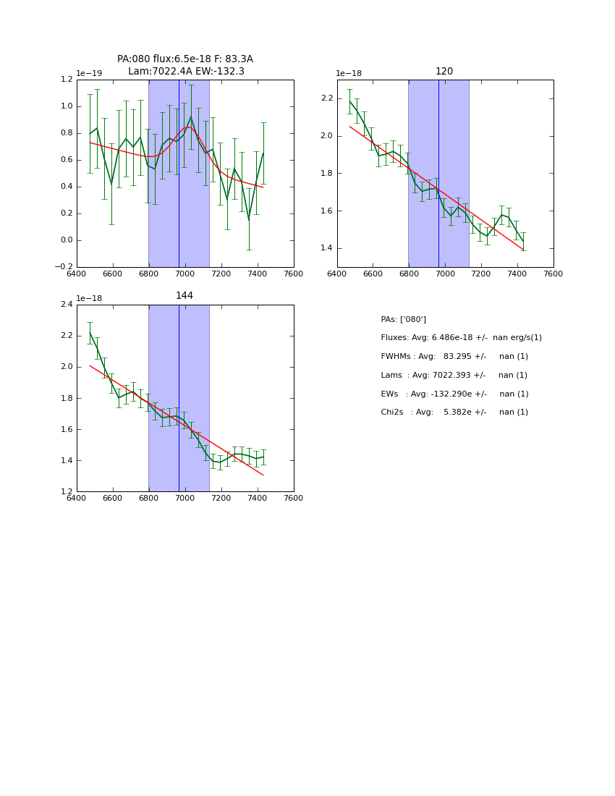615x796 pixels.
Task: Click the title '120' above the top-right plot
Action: tap(444, 72)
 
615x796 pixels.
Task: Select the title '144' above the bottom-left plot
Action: tap(184, 296)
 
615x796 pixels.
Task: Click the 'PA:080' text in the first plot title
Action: tap(132, 59)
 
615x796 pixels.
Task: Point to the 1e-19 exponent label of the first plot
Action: tap(89, 73)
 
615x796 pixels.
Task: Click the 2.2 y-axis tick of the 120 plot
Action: tap(327, 98)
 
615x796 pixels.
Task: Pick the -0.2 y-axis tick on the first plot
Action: tap(64, 267)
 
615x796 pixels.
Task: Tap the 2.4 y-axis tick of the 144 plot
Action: tap(67, 305)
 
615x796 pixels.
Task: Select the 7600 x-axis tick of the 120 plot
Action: tap(553, 274)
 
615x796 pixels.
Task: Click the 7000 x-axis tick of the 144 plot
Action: tap(184, 498)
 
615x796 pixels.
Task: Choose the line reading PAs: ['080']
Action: tap(403, 320)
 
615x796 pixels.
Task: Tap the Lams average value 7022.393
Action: tap(458, 376)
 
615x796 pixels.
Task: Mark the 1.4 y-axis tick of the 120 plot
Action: tap(327, 248)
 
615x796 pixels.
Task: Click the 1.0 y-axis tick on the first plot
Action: tap(67, 106)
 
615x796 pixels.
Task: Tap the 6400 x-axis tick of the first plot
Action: tap(77, 274)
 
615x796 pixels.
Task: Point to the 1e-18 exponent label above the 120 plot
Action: tap(349, 73)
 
